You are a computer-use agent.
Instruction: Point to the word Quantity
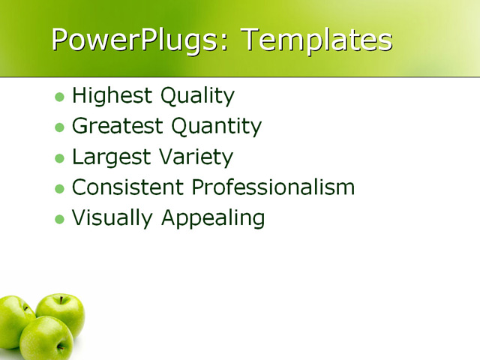[x=217, y=127]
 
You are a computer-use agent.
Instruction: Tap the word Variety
[x=195, y=157]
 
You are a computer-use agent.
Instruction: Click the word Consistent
[x=127, y=187]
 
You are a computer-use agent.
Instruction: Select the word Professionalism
[x=273, y=187]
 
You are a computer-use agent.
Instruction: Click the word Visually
[x=112, y=218]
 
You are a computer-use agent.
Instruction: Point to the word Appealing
[x=213, y=219]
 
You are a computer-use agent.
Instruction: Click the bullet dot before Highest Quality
[x=60, y=97]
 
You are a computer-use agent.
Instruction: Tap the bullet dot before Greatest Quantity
[x=60, y=127]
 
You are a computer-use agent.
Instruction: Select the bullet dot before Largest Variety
[x=60, y=158]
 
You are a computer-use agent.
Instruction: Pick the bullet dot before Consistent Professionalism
[x=60, y=188]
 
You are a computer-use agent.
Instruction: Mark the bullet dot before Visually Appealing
[x=60, y=219]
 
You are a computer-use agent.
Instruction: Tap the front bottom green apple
[x=46, y=339]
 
